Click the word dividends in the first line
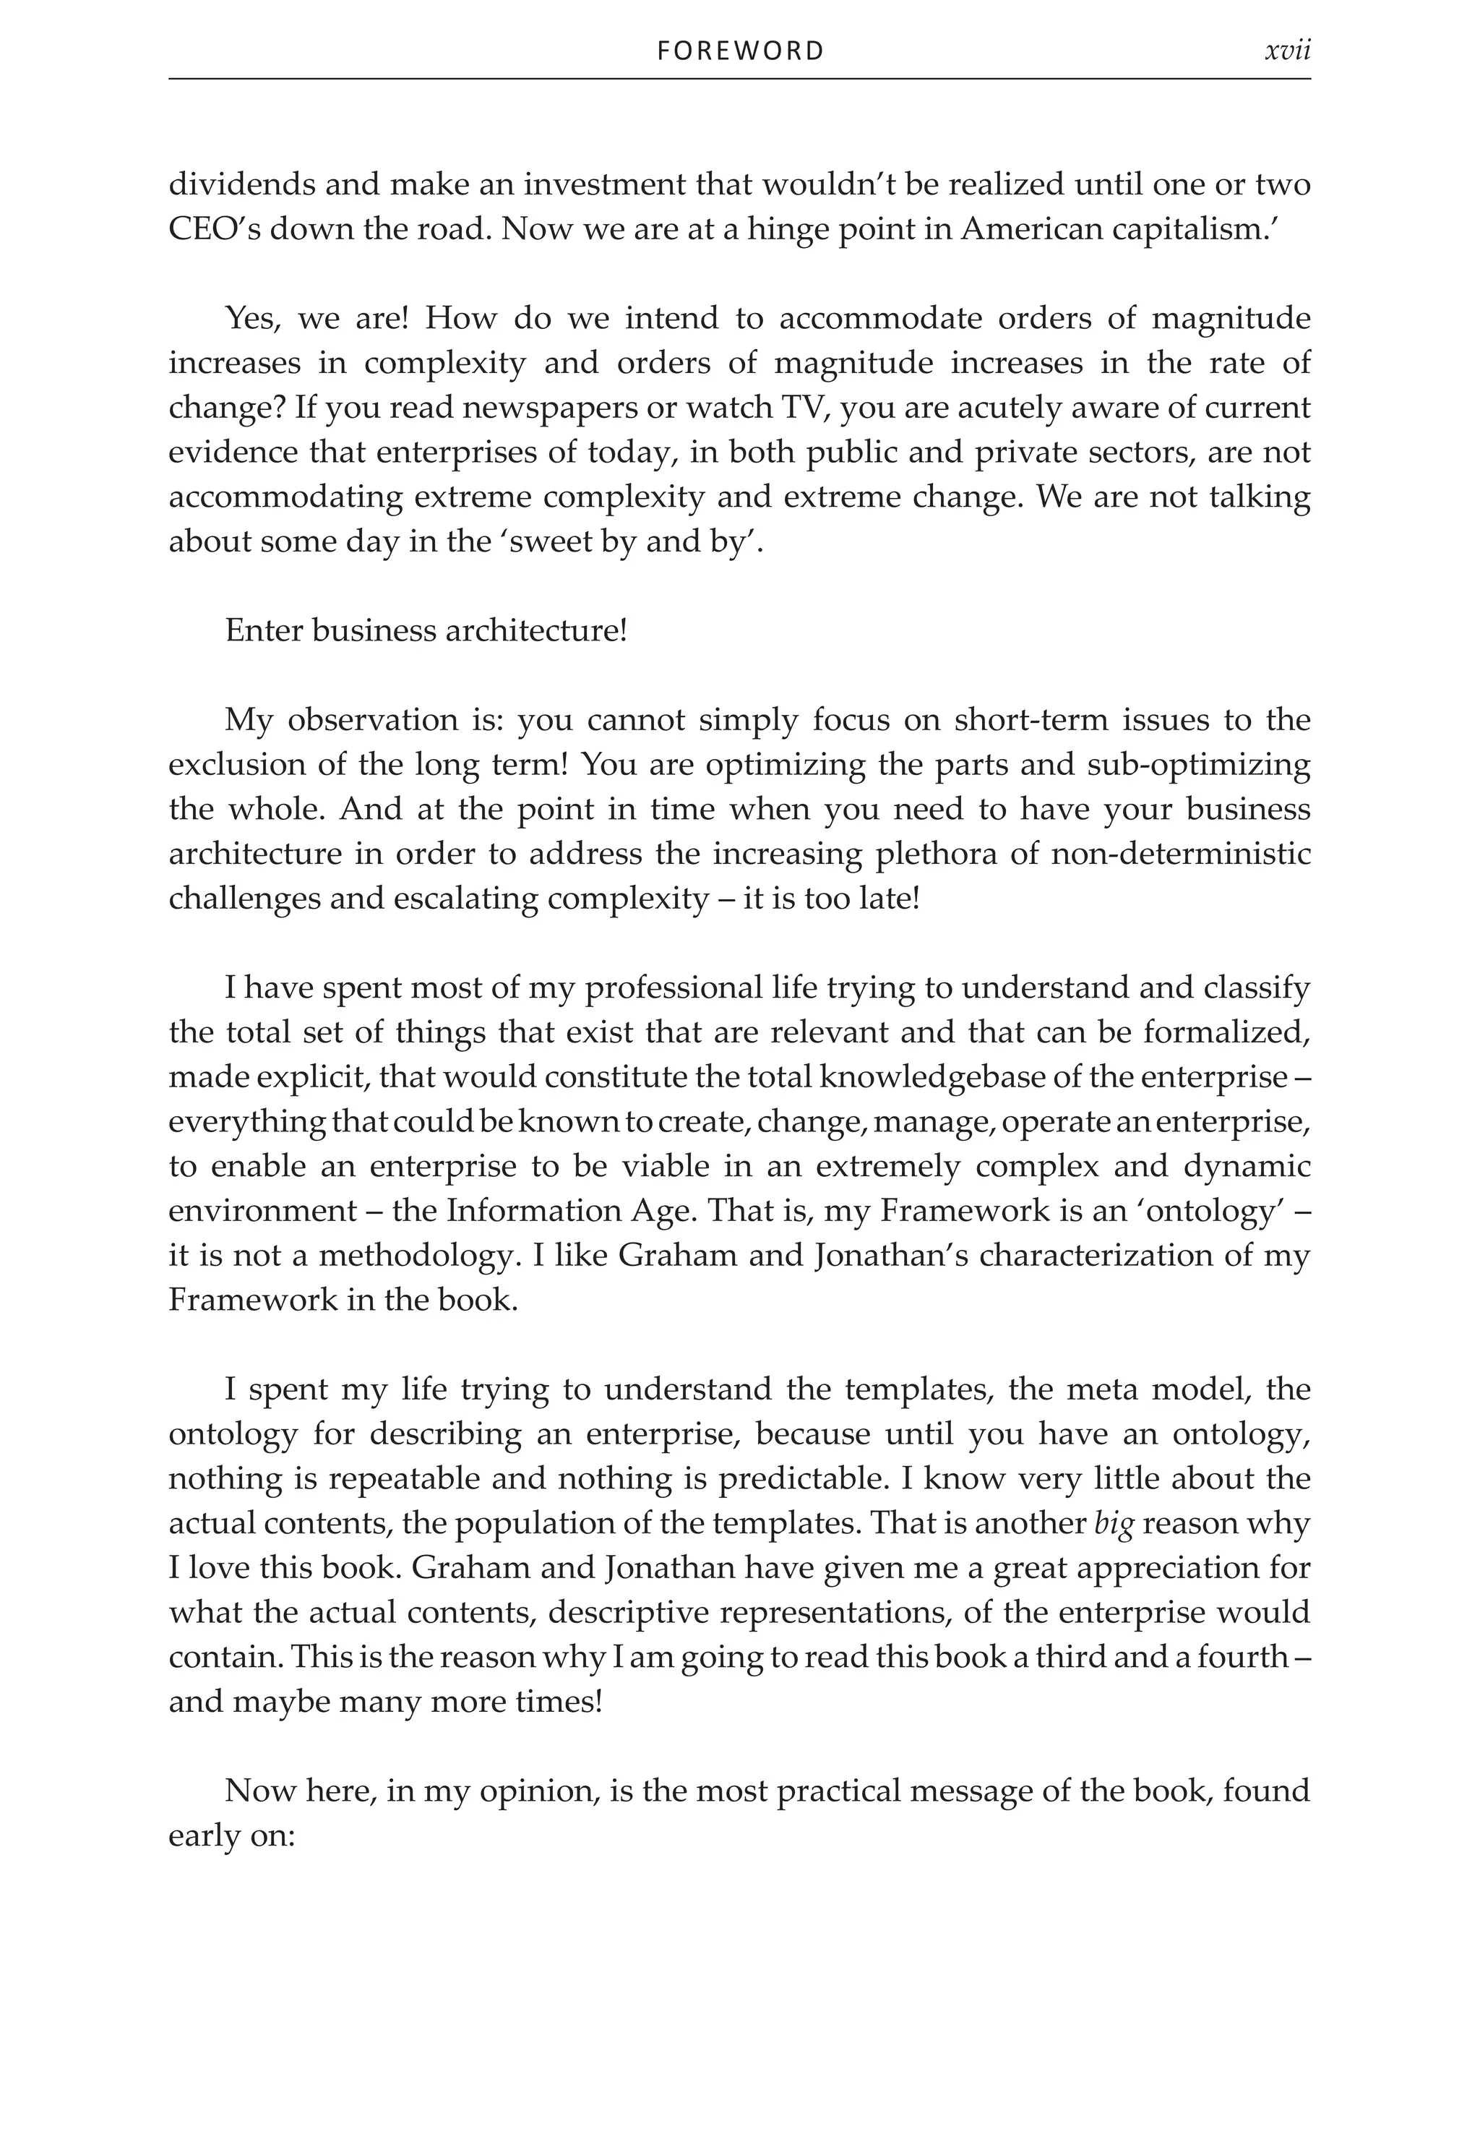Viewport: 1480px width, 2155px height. (242, 184)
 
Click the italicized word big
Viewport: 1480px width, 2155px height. (1114, 1523)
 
